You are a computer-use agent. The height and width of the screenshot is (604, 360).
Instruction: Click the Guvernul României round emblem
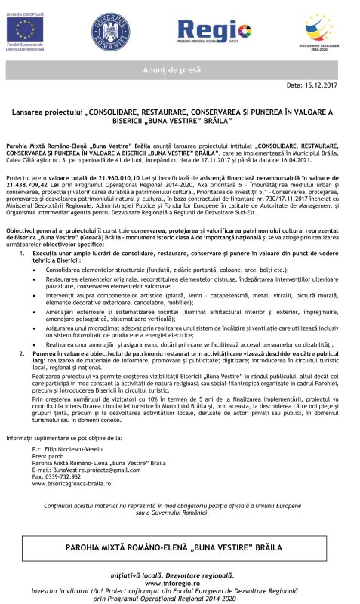[x=111, y=32]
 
